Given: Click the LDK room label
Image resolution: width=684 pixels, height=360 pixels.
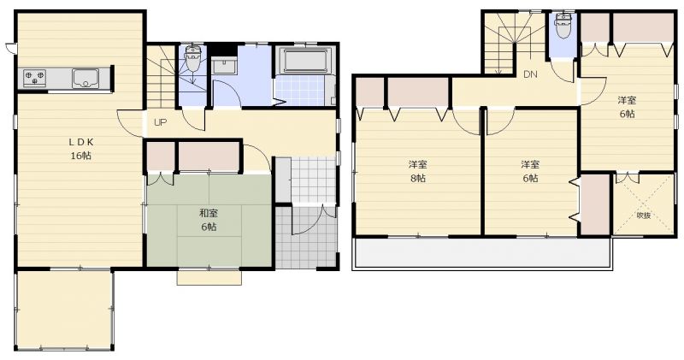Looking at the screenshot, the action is click(81, 142).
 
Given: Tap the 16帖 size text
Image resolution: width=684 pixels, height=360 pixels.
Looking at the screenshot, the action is click(81, 156).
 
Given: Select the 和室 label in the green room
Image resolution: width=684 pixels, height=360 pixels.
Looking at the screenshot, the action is click(209, 214).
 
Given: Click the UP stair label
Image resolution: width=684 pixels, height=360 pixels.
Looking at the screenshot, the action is click(160, 122).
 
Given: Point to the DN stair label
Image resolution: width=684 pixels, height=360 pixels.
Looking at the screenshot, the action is click(530, 74).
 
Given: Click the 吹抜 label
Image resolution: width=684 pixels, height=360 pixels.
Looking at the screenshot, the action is click(644, 215).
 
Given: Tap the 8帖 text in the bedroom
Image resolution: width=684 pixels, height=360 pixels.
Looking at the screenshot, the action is click(418, 178).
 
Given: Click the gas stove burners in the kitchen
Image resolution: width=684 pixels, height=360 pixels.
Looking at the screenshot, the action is click(34, 78).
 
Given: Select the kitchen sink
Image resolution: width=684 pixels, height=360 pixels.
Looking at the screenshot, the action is click(85, 79).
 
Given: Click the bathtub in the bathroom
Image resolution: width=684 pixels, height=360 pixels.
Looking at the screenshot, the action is click(304, 61).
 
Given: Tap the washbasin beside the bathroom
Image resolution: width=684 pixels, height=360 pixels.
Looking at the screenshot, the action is click(224, 66).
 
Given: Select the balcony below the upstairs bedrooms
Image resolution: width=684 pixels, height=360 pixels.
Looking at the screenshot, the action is click(483, 253).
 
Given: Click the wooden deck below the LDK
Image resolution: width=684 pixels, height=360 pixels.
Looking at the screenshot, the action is click(64, 310).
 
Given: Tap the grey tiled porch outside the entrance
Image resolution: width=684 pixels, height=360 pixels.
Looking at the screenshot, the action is click(307, 238).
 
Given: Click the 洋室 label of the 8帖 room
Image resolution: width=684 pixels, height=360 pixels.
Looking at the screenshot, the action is click(418, 164).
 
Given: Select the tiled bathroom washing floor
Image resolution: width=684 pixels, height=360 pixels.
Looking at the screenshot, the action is click(304, 91).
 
